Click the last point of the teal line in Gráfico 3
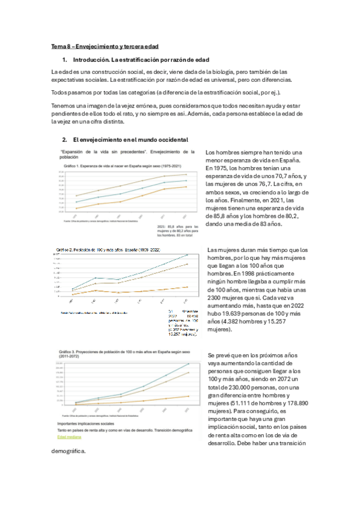click(x=189, y=364)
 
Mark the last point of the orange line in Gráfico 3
click(x=189, y=396)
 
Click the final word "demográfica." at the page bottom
click(x=69, y=451)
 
